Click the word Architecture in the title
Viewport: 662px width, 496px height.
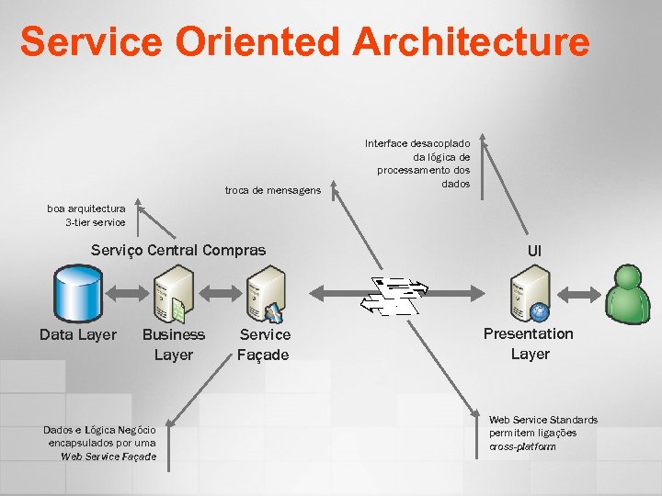470,41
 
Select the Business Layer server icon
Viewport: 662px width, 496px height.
174,292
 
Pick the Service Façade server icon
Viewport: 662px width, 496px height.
266,292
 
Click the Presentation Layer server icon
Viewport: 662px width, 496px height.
531,292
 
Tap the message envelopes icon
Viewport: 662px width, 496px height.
394,295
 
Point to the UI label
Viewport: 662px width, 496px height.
534,251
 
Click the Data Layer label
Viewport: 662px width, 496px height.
78,334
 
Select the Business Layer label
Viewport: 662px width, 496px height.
174,344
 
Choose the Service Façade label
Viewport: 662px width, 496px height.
264,344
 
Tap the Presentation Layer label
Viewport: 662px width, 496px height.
529,344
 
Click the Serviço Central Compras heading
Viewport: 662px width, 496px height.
178,250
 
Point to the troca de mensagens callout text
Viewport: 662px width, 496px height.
273,191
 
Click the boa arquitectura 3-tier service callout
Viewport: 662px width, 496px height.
86,215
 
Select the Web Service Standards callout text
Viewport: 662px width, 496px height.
542,433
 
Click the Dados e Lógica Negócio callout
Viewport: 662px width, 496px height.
100,443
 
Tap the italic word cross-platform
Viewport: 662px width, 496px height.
522,446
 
